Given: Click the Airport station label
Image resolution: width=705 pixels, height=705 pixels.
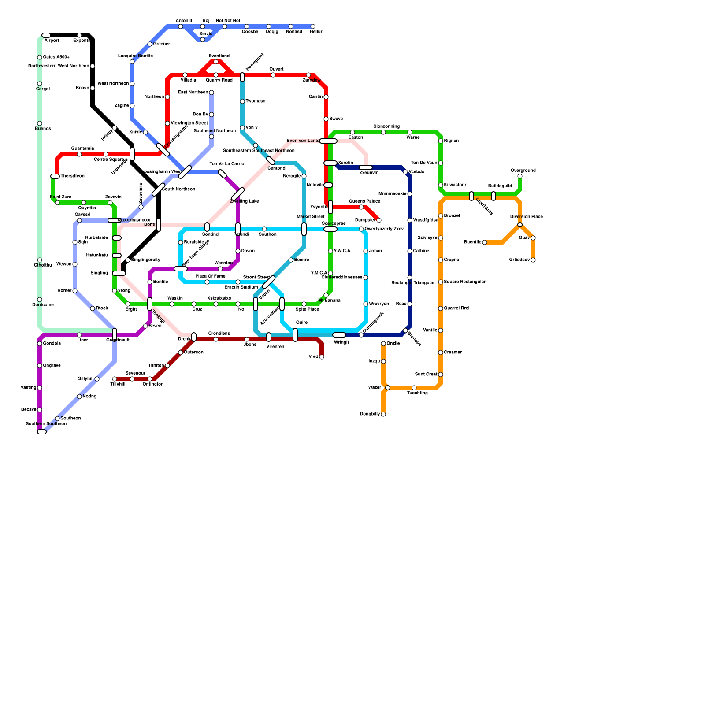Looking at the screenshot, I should coord(52,41).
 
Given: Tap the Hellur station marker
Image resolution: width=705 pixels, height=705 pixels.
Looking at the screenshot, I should coord(313,26).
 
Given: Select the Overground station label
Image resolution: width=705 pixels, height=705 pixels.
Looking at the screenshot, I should coord(523,171).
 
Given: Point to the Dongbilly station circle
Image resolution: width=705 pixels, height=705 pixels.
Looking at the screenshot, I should coord(383,414).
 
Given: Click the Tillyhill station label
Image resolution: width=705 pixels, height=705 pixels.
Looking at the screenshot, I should coord(118,384).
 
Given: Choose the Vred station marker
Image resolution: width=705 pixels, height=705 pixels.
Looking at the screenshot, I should coord(322,357).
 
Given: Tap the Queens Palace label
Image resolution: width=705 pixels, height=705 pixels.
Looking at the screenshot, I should coord(364,201).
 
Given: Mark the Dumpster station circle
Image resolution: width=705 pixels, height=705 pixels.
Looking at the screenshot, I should coord(379,220).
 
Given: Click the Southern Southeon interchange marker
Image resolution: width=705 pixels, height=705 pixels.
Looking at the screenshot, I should coord(42,432).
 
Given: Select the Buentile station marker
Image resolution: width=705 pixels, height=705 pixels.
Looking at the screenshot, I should coord(485,242).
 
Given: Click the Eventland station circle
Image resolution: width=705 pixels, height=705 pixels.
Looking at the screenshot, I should coord(216,62).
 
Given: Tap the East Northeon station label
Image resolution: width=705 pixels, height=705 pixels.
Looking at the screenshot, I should coord(193,93).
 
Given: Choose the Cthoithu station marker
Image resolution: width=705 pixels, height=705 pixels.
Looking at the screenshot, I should coord(40,260).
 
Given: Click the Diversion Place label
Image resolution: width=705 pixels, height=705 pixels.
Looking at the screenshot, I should coord(526,217).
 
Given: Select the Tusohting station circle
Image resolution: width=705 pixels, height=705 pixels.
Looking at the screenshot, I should coord(414,388).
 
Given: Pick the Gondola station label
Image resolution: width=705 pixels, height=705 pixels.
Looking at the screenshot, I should coord(52,344).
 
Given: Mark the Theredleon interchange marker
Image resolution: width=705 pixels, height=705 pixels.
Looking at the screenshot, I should coord(55,176).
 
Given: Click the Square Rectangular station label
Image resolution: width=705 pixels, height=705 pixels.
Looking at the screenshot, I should coord(464,282).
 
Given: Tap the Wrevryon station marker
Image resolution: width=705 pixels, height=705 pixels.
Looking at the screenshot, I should coord(366,304).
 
